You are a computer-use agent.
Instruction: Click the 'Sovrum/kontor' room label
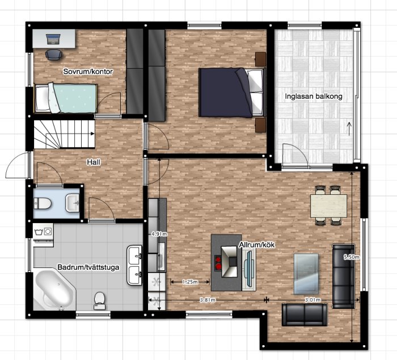[x=88, y=72]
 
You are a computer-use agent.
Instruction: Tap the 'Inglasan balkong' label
[x=314, y=97]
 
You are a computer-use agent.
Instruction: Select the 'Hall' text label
[x=94, y=162]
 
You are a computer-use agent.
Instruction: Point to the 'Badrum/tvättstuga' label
[x=88, y=267]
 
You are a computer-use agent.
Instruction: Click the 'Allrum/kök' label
[x=257, y=245]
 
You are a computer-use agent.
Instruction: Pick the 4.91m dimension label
[x=159, y=234]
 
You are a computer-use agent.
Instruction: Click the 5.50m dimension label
[x=352, y=257]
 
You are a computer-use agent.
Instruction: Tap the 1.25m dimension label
[x=190, y=282]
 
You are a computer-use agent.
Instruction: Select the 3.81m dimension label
[x=208, y=300]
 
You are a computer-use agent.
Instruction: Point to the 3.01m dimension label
[x=312, y=300]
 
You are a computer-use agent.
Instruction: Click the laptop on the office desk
[x=53, y=39]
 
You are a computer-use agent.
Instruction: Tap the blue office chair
[x=53, y=55]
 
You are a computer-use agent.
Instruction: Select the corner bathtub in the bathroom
[x=54, y=290]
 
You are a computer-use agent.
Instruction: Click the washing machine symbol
[x=43, y=231]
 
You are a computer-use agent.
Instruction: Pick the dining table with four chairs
[x=328, y=206]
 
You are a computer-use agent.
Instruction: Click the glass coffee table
[x=306, y=274]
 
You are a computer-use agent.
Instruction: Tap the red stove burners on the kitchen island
[x=218, y=263]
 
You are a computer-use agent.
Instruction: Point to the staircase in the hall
[x=64, y=134]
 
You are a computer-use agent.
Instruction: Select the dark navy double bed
[x=231, y=93]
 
